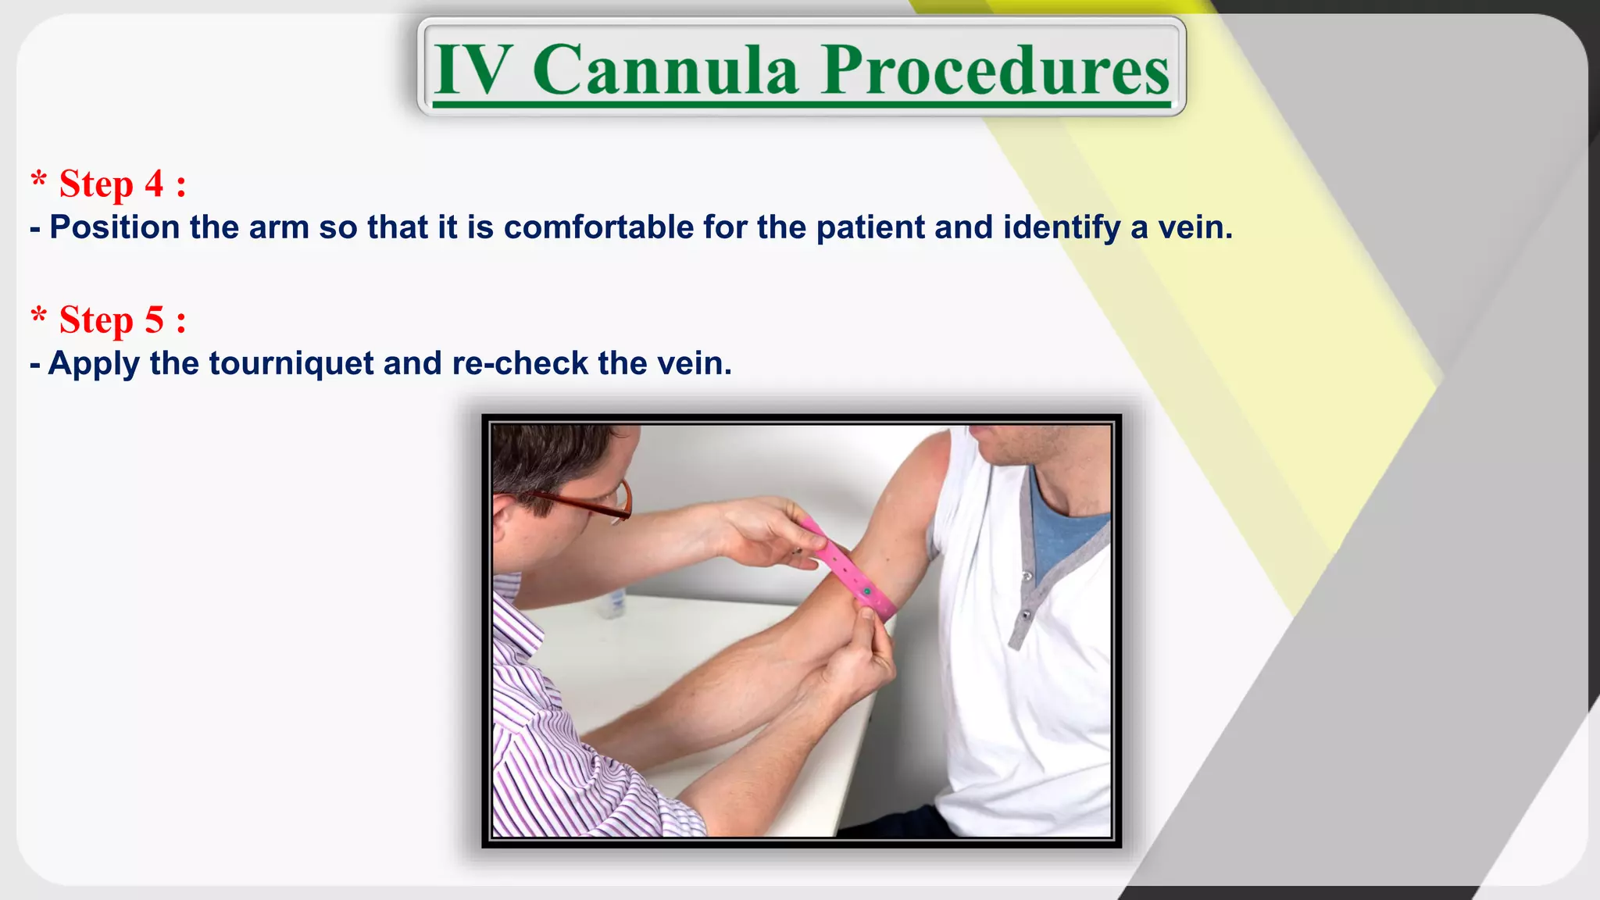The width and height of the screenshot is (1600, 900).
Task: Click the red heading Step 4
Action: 109,184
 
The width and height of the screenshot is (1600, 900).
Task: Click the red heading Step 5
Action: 109,320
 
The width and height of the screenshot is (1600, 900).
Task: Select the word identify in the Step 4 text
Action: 1061,227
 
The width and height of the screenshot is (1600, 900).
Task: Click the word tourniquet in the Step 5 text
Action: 291,364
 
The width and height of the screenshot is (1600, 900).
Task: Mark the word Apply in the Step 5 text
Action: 94,364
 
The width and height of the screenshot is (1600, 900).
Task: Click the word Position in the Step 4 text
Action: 115,227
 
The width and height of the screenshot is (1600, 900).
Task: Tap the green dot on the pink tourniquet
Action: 867,592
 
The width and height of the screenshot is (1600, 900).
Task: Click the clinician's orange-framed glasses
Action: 594,504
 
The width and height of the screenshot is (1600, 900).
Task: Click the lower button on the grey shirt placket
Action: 1026,616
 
